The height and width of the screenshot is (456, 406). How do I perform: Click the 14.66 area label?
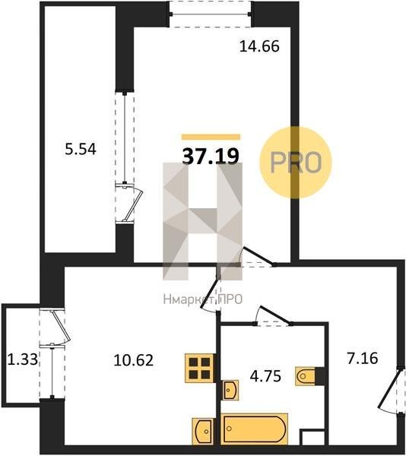259,46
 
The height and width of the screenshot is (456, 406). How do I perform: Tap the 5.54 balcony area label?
81,150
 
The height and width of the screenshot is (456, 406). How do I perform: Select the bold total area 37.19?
211,156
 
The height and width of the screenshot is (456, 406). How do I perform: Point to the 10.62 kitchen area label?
134,360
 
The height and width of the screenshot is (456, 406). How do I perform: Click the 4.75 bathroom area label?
265,376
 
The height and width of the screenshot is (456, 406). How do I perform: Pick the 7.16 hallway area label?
363,358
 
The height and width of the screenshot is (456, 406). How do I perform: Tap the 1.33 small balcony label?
22,359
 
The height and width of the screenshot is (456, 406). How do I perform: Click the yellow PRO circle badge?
296,163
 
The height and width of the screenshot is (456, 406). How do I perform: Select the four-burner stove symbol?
200,368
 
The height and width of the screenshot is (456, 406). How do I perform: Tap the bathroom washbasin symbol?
230,390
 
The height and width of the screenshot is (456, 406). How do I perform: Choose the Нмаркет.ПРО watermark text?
203,299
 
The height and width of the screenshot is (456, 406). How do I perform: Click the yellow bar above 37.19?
211,137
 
